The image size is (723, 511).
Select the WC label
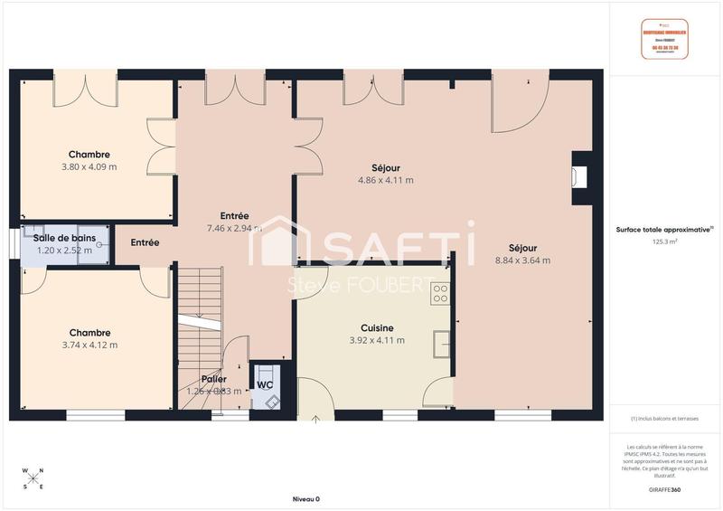point(265,384)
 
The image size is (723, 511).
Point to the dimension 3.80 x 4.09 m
point(89,166)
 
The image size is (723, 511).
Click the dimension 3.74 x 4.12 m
point(89,345)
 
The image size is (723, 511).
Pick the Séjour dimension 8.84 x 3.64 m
point(522,260)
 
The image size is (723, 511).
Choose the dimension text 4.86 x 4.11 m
point(386,180)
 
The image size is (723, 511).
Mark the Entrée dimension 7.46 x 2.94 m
point(234,228)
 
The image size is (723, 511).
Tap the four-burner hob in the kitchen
point(440,292)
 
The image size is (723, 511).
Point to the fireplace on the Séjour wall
point(578,176)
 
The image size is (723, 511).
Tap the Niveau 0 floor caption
point(305,498)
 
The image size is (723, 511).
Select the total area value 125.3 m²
point(665,242)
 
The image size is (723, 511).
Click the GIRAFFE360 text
point(665,488)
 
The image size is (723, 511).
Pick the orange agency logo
point(665,40)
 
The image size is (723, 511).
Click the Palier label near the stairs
point(214,379)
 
